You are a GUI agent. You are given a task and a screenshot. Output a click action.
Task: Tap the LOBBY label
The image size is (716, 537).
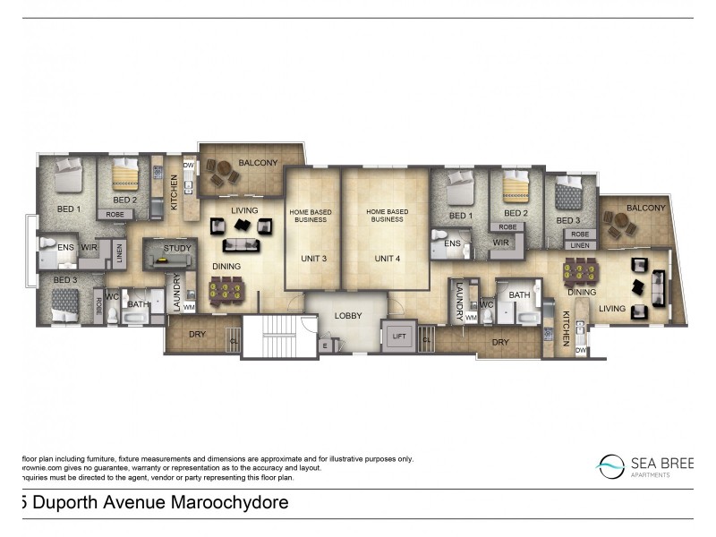pos(348,316)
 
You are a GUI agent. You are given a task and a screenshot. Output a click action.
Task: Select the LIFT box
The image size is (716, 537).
pos(397,336)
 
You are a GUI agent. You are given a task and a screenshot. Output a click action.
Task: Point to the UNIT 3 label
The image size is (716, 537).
pos(312,259)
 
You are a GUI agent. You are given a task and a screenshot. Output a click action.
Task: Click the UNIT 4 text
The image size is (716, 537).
pos(387,259)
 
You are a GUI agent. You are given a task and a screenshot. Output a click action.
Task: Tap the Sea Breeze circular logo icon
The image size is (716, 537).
pos(611,464)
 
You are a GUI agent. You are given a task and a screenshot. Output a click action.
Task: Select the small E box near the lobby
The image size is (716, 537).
pos(325,345)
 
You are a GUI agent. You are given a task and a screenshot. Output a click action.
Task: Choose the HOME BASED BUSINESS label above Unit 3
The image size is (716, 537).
pos(311,216)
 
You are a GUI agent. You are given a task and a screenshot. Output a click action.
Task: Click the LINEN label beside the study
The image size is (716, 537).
pos(120,255)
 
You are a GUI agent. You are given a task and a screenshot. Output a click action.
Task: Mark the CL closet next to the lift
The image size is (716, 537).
pos(425,340)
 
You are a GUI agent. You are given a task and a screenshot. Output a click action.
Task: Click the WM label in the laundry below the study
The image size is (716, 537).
pos(189,307)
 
